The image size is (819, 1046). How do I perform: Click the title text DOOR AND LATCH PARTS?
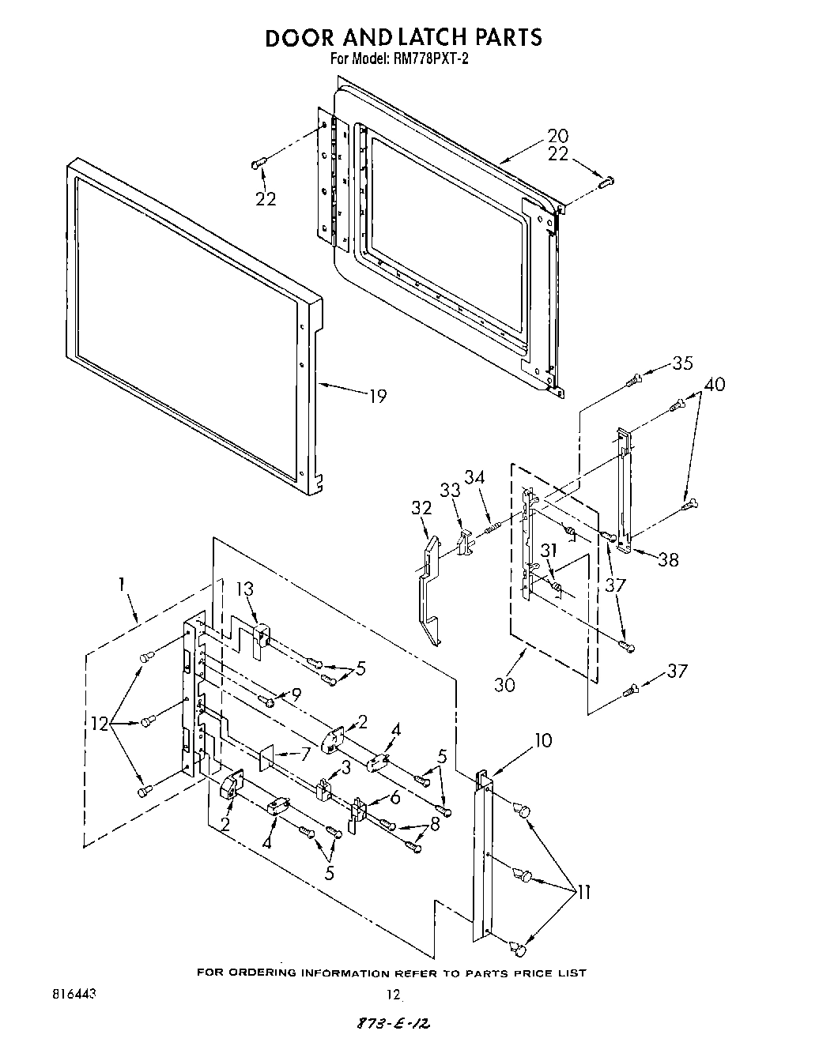(x=403, y=37)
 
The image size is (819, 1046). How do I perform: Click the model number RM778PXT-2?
(x=425, y=58)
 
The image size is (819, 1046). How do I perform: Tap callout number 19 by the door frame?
(x=378, y=396)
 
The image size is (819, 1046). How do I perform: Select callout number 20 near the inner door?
(x=557, y=136)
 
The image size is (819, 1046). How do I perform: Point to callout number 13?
(x=246, y=589)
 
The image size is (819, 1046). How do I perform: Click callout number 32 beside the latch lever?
(x=422, y=507)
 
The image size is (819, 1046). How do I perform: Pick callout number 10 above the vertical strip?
(x=543, y=740)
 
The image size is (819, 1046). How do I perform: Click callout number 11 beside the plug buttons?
(x=583, y=893)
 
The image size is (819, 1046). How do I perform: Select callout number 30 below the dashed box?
(x=504, y=684)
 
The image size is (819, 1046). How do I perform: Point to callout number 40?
(x=714, y=385)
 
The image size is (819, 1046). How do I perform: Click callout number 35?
(x=682, y=363)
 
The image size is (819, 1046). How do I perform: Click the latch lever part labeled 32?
(x=428, y=589)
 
